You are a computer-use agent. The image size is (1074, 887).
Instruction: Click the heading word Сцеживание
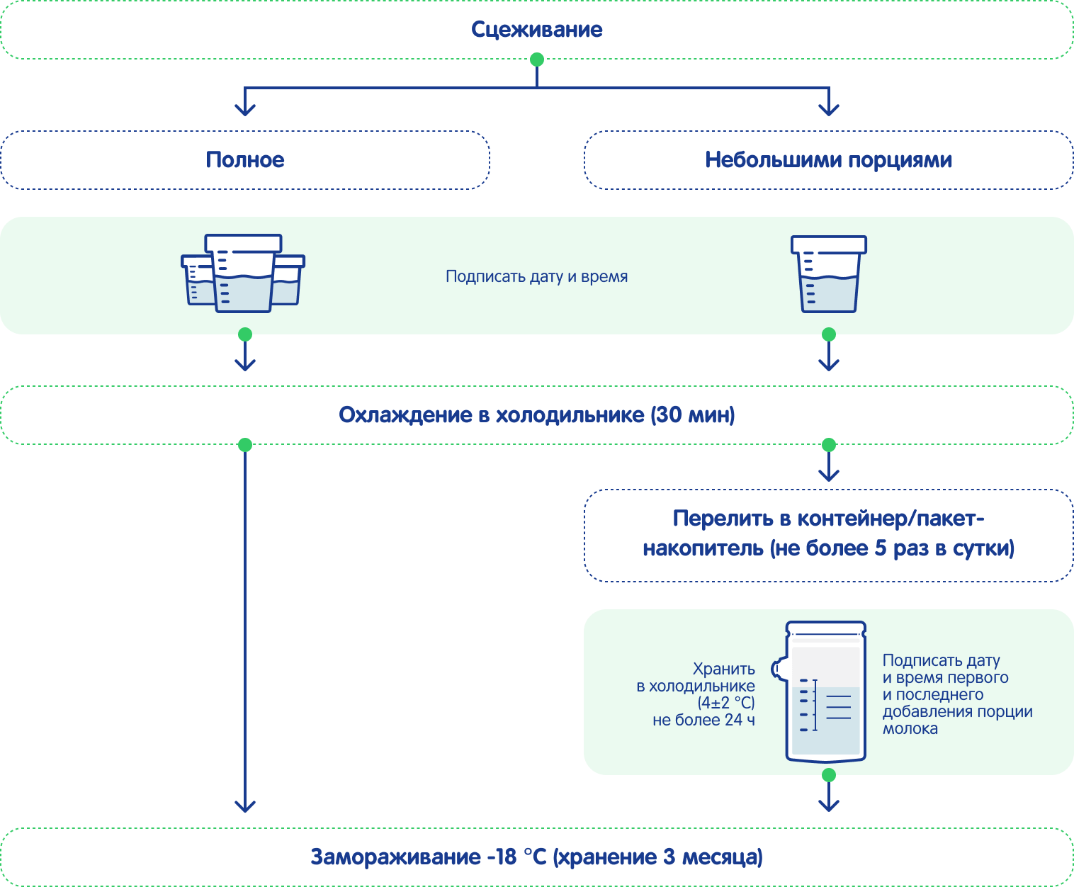point(536,30)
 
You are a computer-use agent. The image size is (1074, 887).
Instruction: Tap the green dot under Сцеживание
point(537,60)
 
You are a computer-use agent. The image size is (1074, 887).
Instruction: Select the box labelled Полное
point(245,160)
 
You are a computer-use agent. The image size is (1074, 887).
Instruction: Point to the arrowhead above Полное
point(245,109)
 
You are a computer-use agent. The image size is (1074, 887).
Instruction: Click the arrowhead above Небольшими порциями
point(829,109)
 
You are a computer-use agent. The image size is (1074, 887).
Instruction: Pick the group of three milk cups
point(243,273)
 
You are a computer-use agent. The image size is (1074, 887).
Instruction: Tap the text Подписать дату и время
point(536,276)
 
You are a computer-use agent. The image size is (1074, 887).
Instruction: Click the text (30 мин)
point(693,414)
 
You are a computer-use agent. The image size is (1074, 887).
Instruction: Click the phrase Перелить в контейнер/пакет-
point(828,519)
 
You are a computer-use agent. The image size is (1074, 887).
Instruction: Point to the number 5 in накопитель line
point(880,548)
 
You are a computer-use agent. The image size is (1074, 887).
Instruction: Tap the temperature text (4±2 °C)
point(726,703)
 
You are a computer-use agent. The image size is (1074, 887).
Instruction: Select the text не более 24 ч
point(703,720)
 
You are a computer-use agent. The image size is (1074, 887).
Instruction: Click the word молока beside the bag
point(910,729)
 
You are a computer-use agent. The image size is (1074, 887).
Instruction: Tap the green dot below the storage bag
point(829,775)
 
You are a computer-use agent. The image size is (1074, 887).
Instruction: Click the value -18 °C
point(516,857)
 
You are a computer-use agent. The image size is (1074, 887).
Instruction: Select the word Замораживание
point(395,857)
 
